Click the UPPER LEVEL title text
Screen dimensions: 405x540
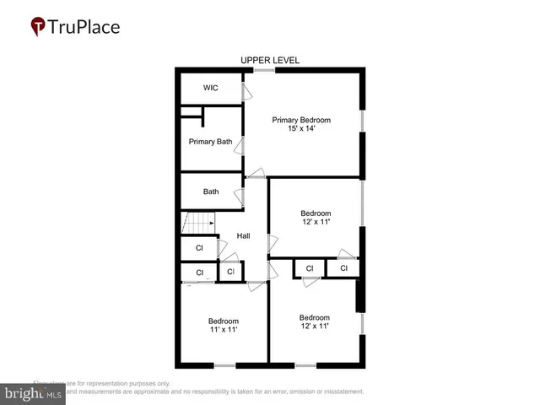click(270, 60)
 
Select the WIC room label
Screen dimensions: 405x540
click(211, 89)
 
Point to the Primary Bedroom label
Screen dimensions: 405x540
click(301, 120)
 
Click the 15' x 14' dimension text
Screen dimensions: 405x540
click(301, 130)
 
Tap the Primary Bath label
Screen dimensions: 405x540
click(210, 142)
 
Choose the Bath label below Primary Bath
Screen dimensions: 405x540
click(211, 192)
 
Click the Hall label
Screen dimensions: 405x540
click(243, 236)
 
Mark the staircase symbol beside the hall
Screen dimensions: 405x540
click(195, 224)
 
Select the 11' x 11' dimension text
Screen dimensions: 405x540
click(224, 330)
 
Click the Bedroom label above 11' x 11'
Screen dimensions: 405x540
click(224, 321)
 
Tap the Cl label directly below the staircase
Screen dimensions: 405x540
click(199, 248)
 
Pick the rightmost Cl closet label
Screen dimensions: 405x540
click(343, 268)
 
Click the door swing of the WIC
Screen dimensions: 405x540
click(246, 90)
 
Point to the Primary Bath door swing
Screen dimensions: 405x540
click(241, 145)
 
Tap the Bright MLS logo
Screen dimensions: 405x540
click(34, 393)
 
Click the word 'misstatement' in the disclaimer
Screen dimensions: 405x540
click(337, 391)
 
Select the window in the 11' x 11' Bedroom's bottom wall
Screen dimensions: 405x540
click(224, 365)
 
